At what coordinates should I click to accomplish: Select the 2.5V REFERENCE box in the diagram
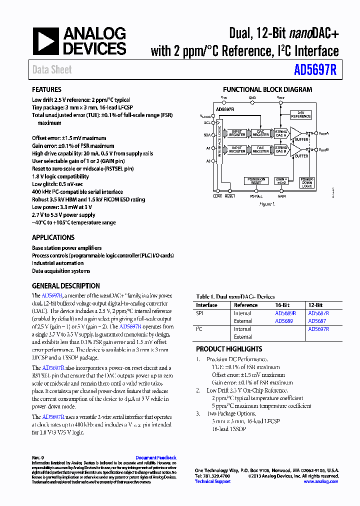click(301, 114)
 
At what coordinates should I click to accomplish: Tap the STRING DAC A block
click(281, 133)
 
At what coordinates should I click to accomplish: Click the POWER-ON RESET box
click(256, 180)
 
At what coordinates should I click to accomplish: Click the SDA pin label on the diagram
click(207, 135)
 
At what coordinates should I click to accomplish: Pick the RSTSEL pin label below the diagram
click(256, 196)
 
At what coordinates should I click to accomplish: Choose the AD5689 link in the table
click(283, 321)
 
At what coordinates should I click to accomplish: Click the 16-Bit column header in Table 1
click(282, 305)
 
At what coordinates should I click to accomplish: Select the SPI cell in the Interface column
click(199, 313)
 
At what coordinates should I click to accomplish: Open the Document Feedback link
click(155, 457)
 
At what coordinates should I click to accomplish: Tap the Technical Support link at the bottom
click(212, 481)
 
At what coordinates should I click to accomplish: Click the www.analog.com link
click(321, 481)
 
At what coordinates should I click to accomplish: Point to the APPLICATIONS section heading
click(53, 237)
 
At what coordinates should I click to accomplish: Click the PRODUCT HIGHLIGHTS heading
click(229, 349)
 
